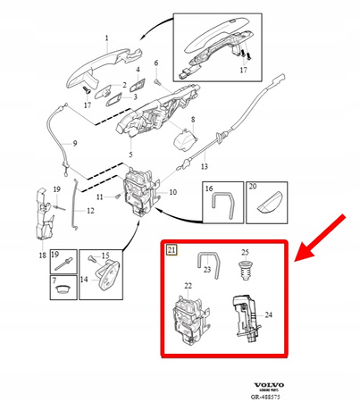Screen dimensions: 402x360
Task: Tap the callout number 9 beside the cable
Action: point(74,144)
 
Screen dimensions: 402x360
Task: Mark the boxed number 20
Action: point(252,189)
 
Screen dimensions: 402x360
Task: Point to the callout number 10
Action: point(172,192)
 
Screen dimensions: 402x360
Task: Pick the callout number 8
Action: point(190,119)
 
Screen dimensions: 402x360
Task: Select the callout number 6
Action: point(155,63)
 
